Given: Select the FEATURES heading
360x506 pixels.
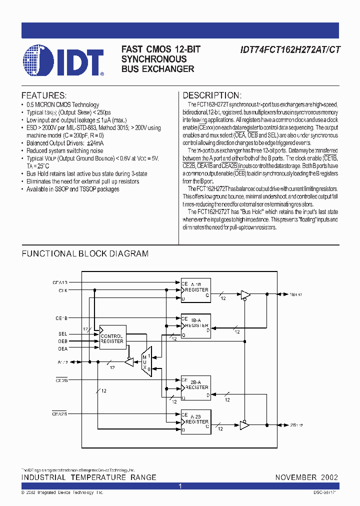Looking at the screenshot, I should pyautogui.click(x=44, y=95).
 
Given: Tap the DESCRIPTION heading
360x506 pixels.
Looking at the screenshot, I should pyautogui.click(x=212, y=95).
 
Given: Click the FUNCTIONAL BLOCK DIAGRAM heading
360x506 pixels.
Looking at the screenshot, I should pyautogui.click(x=85, y=253).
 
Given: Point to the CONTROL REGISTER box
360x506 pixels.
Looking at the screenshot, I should pyautogui.click(x=112, y=338).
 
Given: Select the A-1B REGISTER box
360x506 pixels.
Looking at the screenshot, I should pyautogui.click(x=196, y=290).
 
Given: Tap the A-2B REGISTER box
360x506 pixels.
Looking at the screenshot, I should pyautogui.click(x=196, y=422).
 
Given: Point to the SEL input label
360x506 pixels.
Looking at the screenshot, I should pyautogui.click(x=62, y=333).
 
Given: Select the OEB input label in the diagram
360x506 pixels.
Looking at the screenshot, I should pyautogui.click(x=62, y=341).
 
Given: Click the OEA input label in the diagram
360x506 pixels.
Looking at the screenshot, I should pyautogui.click(x=62, y=348).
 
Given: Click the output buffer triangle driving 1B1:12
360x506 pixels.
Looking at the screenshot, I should pyautogui.click(x=245, y=295).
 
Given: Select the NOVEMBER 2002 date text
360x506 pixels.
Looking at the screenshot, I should pyautogui.click(x=306, y=477).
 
